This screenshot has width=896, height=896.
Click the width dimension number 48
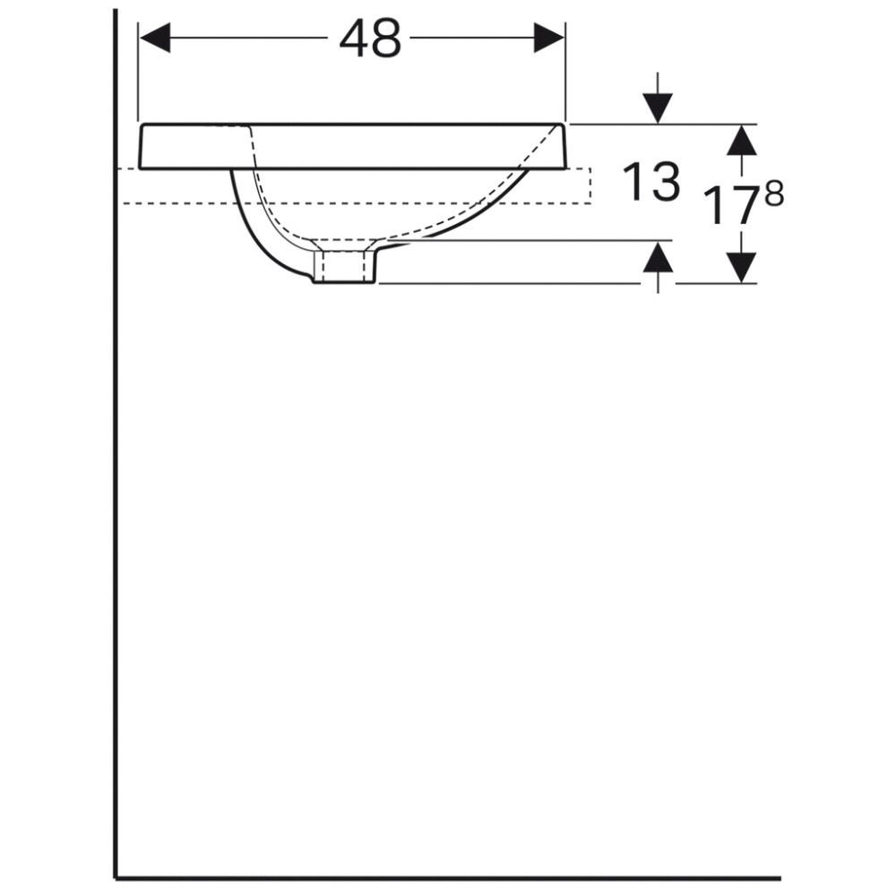[x=370, y=40]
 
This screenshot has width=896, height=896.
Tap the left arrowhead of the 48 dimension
[x=155, y=39]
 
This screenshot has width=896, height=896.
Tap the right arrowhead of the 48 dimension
[x=548, y=39]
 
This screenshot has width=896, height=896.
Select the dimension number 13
[x=651, y=182]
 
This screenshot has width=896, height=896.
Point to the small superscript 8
[x=773, y=193]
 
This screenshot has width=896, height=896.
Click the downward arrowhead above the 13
[x=659, y=108]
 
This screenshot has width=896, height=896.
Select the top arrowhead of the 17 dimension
[x=741, y=141]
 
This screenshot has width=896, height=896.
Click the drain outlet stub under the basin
[x=347, y=266]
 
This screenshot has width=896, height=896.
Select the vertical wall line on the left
[x=116, y=493]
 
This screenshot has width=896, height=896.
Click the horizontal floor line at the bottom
[x=448, y=879]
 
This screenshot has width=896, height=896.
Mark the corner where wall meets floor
[x=116, y=878]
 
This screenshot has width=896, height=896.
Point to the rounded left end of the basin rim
[x=142, y=146]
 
